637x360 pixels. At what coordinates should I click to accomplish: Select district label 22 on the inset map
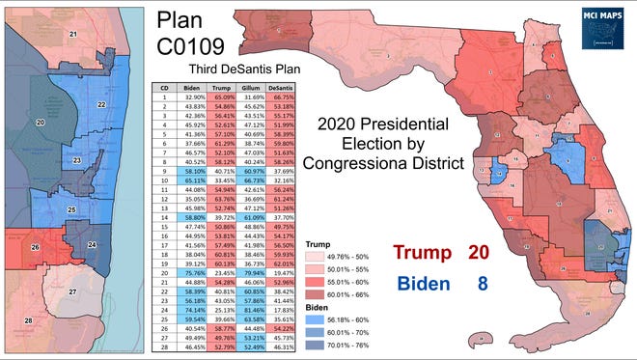click(x=100, y=104)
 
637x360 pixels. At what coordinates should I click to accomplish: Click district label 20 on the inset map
click(x=40, y=123)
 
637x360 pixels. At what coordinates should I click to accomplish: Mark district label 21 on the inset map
click(x=72, y=34)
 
